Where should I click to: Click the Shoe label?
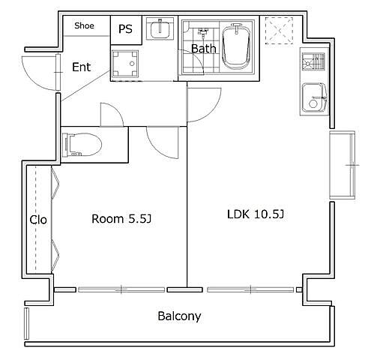(x=84, y=25)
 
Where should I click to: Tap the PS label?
(x=125, y=29)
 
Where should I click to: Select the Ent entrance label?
(x=81, y=67)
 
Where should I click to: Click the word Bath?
(x=203, y=49)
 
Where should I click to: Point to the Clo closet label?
(x=38, y=220)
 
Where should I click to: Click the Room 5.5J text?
(x=121, y=219)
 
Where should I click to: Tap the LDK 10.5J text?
(x=256, y=214)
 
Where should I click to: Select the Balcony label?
(x=179, y=316)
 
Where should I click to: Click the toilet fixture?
(x=82, y=145)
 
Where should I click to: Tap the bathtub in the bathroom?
(x=236, y=46)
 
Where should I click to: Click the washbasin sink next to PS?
(x=160, y=28)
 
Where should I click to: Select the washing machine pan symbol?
(x=125, y=64)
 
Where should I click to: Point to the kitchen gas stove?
(x=313, y=61)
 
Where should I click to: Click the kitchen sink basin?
(x=315, y=97)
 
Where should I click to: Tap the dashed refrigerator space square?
(x=279, y=31)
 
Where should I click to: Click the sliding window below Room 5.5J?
(x=121, y=289)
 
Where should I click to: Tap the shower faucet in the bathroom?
(x=202, y=33)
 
